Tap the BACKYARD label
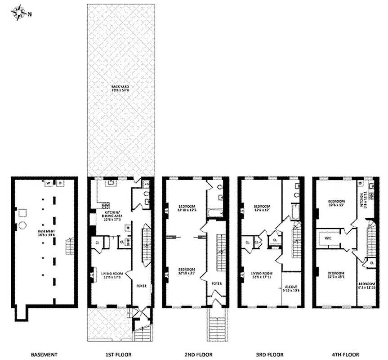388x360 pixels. pyautogui.click(x=120, y=88)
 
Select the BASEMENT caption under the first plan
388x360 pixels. pyautogui.click(x=44, y=354)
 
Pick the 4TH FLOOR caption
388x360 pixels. pyautogui.click(x=346, y=354)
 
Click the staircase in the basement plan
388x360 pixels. pyautogui.click(x=69, y=247)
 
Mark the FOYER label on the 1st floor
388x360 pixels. pyautogui.click(x=141, y=285)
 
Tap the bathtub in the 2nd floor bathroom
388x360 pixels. pyautogui.click(x=214, y=213)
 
